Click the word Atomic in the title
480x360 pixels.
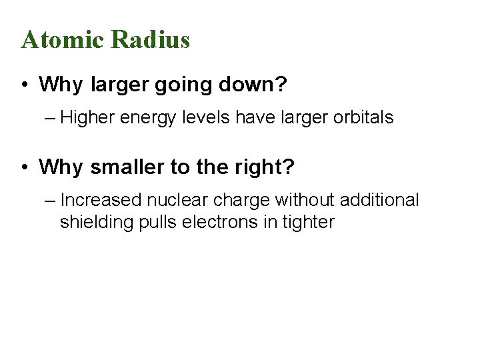63,40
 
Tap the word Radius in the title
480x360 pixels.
151,40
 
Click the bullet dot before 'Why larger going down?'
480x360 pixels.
24,85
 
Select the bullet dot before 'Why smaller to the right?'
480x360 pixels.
24,167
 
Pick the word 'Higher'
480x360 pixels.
91,119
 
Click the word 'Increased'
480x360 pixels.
101,200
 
